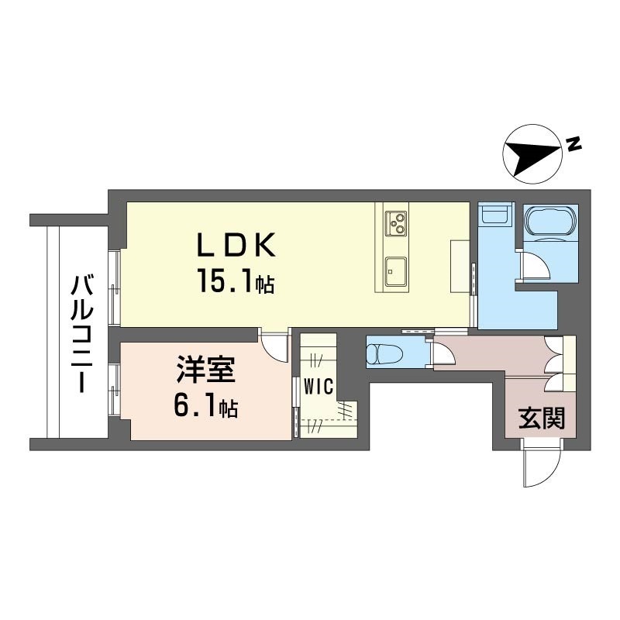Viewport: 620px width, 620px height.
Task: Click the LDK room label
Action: [x=236, y=245]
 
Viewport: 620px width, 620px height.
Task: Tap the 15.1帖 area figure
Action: [x=236, y=281]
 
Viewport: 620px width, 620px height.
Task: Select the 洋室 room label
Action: [x=206, y=370]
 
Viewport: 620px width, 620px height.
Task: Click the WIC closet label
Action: [x=319, y=386]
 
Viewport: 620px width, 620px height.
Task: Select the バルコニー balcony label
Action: [x=82, y=335]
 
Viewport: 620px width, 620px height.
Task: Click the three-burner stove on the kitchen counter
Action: [x=396, y=224]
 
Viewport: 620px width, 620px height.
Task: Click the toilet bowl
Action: [x=384, y=352]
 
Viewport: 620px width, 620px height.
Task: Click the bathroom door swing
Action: [x=535, y=267]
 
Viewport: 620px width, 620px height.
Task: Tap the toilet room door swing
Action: [x=443, y=353]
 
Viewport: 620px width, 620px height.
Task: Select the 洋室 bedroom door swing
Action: [x=274, y=345]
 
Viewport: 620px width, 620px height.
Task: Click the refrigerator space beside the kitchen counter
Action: [x=460, y=266]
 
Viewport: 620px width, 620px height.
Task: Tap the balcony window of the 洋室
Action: [x=115, y=390]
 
